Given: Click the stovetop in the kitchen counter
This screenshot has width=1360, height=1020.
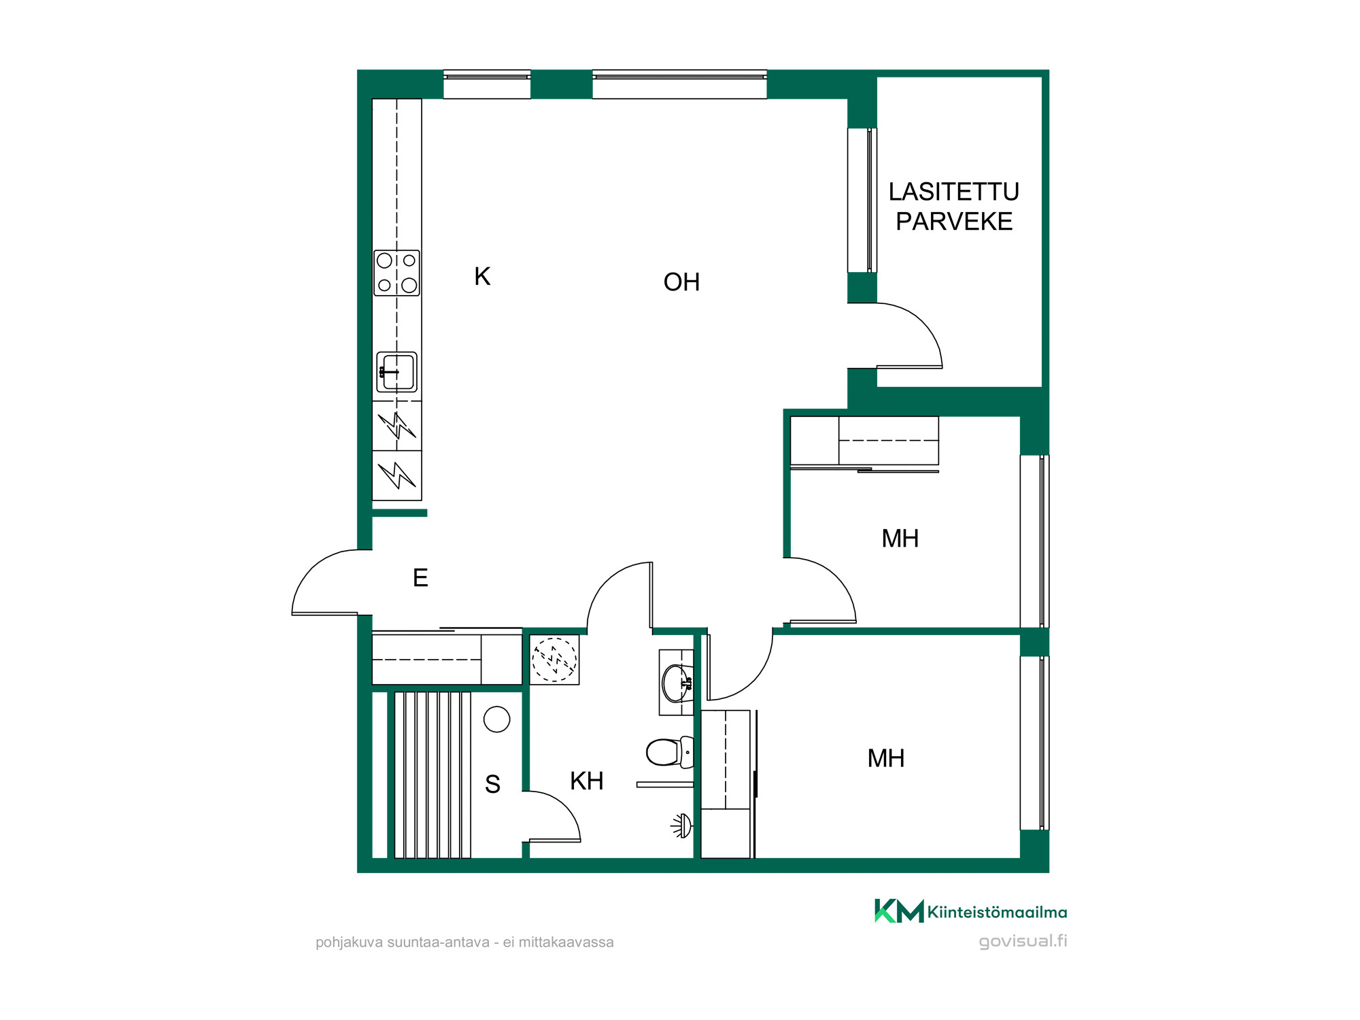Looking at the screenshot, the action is pos(396,273).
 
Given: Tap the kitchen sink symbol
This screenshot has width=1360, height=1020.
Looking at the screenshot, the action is pos(396,372).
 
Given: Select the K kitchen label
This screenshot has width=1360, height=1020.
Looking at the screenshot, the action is pos(482,277).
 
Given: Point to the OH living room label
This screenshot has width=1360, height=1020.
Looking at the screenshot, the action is pos(681,282).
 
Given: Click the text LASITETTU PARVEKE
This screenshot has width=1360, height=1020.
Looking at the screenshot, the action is pos(954,207).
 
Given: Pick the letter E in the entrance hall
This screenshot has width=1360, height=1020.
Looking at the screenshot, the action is pos(420,578).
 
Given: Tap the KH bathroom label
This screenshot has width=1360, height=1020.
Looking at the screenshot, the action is pos(587,781).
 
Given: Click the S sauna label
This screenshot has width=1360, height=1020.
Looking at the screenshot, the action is pos(493,785).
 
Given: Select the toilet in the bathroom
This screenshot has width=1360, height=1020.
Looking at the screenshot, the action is pos(670,751).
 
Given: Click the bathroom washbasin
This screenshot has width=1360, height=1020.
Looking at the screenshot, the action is pos(677,682).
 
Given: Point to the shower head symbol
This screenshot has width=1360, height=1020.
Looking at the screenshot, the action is pos(682,826).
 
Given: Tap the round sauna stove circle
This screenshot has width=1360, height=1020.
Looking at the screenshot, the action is pos(497,719).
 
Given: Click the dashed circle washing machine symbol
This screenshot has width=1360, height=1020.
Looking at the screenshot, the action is pos(555,660).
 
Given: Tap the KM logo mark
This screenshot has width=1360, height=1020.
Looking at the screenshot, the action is pos(899,911).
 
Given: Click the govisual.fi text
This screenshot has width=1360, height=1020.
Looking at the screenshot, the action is pos(1023,941).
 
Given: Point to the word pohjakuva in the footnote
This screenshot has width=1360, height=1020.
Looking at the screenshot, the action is pos(349,942).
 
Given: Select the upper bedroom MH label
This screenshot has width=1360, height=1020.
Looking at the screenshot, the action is pos(900,539).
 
